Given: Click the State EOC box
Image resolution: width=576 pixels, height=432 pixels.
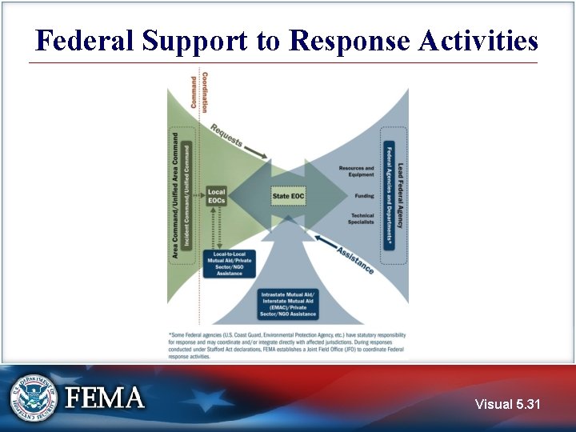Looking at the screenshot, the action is point(288,195).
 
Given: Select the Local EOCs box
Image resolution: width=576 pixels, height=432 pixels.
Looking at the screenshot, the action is point(217,195).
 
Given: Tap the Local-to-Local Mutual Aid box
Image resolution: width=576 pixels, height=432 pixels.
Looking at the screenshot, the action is point(229,263).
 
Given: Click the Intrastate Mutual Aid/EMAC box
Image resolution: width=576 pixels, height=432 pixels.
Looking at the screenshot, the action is point(288,305).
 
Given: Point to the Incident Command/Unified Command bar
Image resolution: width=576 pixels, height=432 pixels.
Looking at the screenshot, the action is point(187,195).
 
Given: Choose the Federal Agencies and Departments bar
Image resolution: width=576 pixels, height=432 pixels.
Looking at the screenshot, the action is point(390,195).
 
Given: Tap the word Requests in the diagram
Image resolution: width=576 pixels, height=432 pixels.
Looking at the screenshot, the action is point(228,136).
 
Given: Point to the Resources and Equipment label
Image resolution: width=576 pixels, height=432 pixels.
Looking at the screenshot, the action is point(356,171).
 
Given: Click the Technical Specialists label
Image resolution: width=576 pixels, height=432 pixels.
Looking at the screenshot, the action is point(362,218).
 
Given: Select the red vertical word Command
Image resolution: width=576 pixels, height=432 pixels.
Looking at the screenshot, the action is point(193,91).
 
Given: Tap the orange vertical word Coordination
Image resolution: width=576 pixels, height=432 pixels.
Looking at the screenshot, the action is point(205,91).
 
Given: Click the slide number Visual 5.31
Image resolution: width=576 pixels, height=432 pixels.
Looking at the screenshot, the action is point(507,405).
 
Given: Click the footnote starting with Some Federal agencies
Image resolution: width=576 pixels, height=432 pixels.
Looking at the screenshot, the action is point(288,345).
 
